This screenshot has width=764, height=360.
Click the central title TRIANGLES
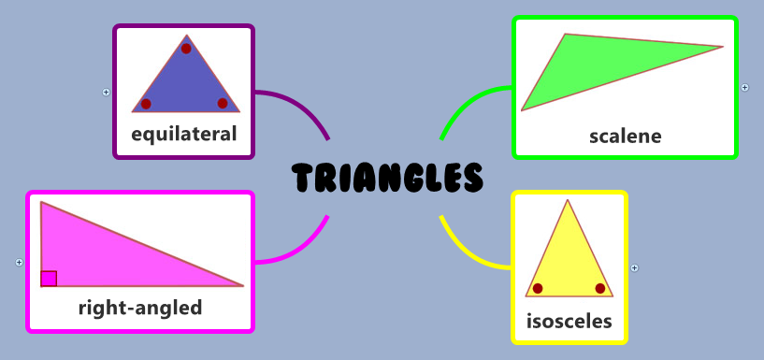(x=387, y=178)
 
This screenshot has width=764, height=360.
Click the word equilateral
(x=184, y=135)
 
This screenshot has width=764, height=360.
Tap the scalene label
(x=625, y=137)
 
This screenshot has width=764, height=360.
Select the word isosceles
(x=569, y=322)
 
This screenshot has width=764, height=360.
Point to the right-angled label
(x=140, y=307)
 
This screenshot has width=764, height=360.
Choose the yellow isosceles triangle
(x=568, y=257)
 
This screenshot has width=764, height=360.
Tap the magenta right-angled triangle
(x=103, y=252)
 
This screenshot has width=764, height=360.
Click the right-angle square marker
(x=49, y=278)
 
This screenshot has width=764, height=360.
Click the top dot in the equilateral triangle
(x=186, y=49)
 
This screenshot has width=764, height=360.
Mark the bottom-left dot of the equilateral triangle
(x=146, y=104)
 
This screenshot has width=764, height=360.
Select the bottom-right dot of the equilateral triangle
(x=223, y=103)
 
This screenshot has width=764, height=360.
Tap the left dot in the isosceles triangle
(x=538, y=288)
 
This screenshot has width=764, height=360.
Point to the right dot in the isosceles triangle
(x=600, y=288)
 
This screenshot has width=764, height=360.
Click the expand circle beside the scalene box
(x=745, y=88)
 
